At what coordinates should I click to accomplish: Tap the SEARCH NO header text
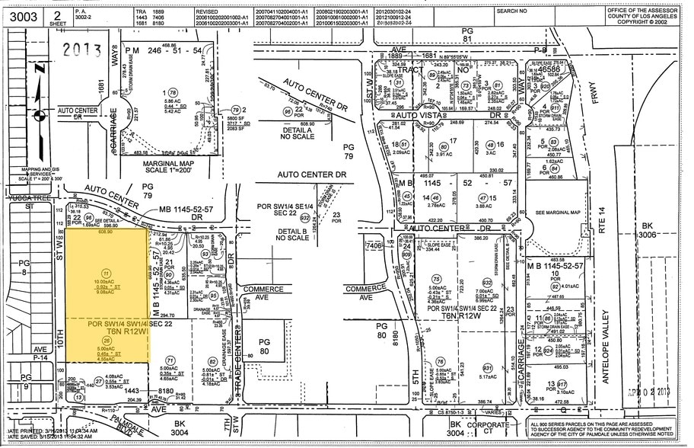pyautogui.click(x=511, y=11)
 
